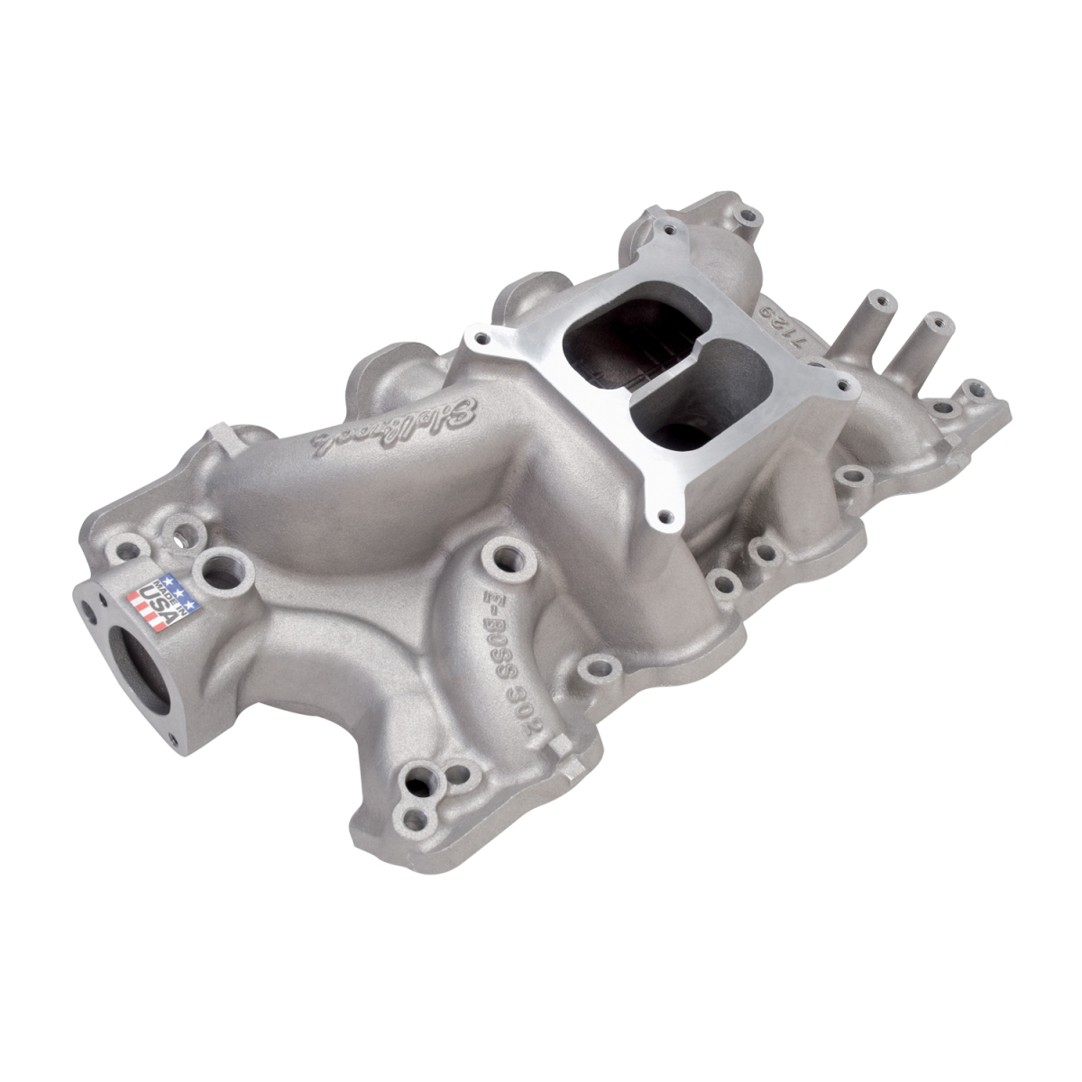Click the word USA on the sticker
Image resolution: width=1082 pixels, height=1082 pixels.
pyautogui.click(x=158, y=605)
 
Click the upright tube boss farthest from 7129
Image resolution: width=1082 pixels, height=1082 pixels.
pyautogui.click(x=936, y=321)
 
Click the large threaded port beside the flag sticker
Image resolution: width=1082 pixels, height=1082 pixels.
pyautogui.click(x=217, y=568)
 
